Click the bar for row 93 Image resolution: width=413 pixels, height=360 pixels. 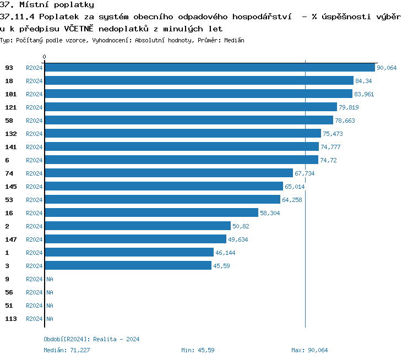coord(210,68)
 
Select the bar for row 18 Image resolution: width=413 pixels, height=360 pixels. coord(199,81)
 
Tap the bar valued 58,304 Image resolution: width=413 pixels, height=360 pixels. coord(151,213)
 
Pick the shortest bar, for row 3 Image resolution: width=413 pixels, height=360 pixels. coord(128,266)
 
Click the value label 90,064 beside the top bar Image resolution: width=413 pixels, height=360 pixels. coord(387,68)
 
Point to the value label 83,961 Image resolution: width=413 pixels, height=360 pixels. coord(364,94)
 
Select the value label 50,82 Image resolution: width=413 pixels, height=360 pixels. coord(241,226)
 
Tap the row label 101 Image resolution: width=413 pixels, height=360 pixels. coord(11,94)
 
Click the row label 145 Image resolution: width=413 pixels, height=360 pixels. coord(11,187)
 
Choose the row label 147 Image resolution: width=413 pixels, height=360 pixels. coord(11,239)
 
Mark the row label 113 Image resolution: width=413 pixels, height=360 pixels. coord(11,319)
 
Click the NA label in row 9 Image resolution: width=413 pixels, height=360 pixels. coord(50,279)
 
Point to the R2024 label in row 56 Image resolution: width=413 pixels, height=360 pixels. coord(34,292)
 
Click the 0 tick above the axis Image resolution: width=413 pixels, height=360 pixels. coord(45,57)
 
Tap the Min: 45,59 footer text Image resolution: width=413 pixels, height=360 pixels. coord(198,350)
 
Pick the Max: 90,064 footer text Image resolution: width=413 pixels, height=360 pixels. coord(309,350)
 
